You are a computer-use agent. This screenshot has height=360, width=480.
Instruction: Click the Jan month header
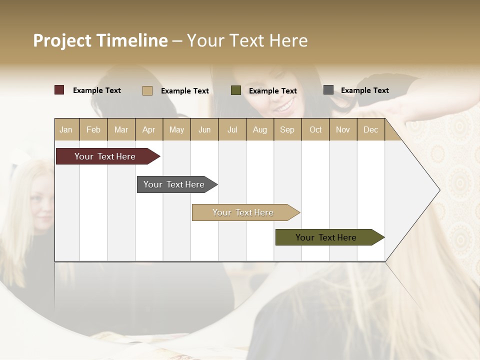(x=66, y=129)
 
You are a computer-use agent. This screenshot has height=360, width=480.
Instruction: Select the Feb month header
(x=93, y=129)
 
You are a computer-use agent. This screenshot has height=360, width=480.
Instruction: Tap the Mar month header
(x=121, y=129)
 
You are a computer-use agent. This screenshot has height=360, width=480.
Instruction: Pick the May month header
(x=176, y=129)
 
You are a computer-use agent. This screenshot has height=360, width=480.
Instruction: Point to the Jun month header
(x=204, y=129)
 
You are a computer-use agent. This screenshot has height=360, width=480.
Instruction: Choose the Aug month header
(x=259, y=129)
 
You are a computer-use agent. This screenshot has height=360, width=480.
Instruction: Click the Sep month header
(x=287, y=129)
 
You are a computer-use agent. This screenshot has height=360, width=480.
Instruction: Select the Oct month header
(x=315, y=129)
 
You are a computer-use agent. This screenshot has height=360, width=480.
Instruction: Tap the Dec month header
(x=370, y=129)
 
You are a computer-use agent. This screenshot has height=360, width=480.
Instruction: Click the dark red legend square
(x=59, y=90)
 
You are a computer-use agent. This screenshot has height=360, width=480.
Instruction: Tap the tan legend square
(x=147, y=90)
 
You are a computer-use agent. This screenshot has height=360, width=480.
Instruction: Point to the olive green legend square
(x=236, y=90)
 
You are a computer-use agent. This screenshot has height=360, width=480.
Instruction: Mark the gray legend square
(x=328, y=90)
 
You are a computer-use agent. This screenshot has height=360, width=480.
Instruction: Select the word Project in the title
(x=62, y=40)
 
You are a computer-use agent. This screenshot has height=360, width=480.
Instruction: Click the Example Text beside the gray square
(x=364, y=90)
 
